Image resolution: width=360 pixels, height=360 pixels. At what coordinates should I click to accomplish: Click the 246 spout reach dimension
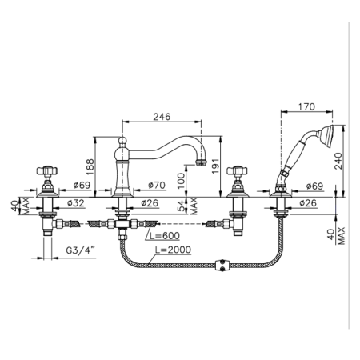click(162, 117)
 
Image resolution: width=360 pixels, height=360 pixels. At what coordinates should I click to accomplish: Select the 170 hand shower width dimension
click(306, 106)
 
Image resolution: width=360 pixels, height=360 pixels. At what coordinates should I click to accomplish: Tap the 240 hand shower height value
click(338, 161)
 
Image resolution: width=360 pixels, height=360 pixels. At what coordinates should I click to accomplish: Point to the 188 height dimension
click(90, 166)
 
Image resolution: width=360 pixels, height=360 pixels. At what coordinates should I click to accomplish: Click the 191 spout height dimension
click(215, 166)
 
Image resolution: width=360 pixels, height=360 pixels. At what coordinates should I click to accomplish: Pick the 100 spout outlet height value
click(181, 181)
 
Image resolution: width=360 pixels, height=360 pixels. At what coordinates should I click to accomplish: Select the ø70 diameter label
click(157, 185)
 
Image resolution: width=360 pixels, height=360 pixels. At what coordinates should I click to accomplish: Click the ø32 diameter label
click(75, 203)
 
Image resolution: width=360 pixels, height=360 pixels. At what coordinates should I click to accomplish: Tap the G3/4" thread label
click(81, 250)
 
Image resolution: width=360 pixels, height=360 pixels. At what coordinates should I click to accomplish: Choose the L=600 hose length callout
click(165, 236)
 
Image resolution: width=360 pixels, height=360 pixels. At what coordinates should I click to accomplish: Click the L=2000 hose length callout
click(173, 250)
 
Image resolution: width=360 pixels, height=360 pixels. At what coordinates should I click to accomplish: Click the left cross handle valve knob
click(47, 170)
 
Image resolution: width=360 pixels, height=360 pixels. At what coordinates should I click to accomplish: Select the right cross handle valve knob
click(237, 170)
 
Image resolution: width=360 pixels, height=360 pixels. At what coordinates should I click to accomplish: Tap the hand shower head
click(327, 136)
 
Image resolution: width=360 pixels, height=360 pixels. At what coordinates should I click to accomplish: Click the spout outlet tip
click(201, 162)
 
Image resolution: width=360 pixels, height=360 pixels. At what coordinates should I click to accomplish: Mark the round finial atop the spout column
click(122, 140)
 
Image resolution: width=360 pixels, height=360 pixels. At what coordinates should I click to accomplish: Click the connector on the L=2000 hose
click(222, 265)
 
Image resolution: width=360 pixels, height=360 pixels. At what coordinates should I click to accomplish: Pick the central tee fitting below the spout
click(122, 223)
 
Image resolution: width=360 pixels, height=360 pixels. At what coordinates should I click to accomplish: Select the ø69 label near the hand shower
click(314, 186)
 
